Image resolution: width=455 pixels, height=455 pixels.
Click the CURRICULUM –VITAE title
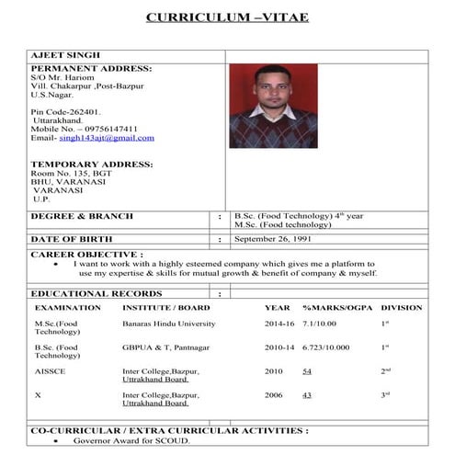pyautogui.click(x=227, y=17)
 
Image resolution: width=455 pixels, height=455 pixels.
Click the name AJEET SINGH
pyautogui.click(x=66, y=55)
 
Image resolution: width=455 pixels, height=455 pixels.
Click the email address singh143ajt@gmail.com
pyautogui.click(x=106, y=138)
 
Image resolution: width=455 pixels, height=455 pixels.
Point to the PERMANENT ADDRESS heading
pyautogui.click(x=91, y=68)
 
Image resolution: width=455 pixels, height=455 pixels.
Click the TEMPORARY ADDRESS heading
pyautogui.click(x=91, y=165)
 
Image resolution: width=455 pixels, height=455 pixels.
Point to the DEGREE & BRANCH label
pyautogui.click(x=82, y=216)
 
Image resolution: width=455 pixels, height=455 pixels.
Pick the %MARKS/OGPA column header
pyautogui.click(x=336, y=308)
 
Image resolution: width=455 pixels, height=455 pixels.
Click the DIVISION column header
pyautogui.click(x=401, y=308)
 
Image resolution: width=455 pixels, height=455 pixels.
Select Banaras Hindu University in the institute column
pyautogui.click(x=168, y=324)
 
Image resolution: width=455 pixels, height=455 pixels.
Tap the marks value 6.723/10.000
pyautogui.click(x=326, y=347)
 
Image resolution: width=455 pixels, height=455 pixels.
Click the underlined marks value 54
pyautogui.click(x=307, y=370)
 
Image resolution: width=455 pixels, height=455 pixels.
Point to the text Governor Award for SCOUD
pyautogui.click(x=131, y=441)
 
